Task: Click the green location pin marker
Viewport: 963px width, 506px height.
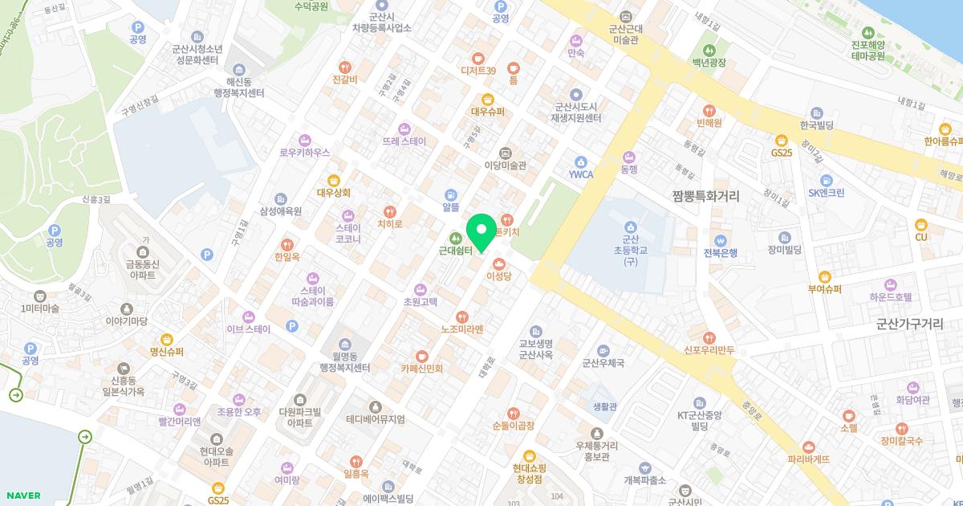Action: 481,233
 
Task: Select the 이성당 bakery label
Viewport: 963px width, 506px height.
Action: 498,275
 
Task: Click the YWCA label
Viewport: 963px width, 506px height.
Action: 580,174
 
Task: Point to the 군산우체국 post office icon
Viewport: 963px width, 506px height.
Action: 603,350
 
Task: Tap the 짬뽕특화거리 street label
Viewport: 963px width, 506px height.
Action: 706,195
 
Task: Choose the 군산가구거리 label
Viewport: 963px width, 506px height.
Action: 909,324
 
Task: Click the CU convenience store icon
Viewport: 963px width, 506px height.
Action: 921,224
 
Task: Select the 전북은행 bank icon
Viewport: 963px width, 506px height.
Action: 721,240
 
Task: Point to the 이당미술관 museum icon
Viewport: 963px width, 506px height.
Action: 505,153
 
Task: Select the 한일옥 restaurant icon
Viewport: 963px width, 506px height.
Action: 286,245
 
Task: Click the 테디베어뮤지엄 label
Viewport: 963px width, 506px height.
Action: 375,419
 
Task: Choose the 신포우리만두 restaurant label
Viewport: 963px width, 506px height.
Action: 709,349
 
